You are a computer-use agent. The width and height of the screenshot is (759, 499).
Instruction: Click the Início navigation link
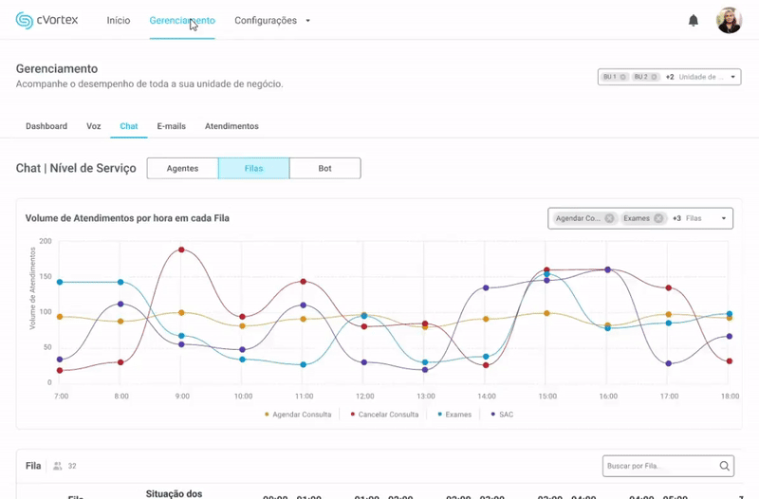[x=119, y=20]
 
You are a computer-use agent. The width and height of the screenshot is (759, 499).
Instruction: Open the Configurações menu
[x=272, y=20]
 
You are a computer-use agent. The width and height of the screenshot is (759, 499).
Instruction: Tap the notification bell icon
[x=694, y=20]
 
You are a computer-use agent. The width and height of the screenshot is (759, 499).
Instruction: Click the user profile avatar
[x=729, y=20]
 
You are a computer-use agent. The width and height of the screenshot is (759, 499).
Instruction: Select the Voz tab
[x=93, y=126]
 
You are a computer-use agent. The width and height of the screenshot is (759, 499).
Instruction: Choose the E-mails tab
[x=171, y=126]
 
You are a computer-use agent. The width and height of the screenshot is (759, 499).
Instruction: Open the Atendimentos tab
[x=231, y=126]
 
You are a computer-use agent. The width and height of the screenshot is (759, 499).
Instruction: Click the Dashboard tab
[x=46, y=126]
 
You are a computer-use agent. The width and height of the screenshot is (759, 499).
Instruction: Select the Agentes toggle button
[x=182, y=168]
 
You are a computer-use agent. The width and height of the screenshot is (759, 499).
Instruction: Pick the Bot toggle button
[x=324, y=168]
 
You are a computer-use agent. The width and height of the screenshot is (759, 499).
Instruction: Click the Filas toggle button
[x=253, y=168]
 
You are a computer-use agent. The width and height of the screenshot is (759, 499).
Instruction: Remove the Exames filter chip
[x=658, y=218]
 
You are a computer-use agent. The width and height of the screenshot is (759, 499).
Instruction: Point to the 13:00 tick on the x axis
[x=426, y=396]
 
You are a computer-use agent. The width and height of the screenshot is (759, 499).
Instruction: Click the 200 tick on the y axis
[x=46, y=241]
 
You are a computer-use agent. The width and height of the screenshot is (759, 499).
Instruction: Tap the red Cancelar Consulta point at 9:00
[x=181, y=250]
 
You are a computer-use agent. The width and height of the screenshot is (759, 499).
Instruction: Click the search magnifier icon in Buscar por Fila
[x=725, y=466]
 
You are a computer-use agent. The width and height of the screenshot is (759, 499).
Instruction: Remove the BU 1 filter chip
[x=622, y=77]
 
